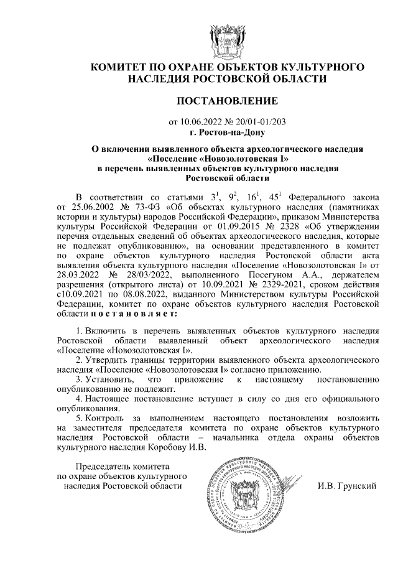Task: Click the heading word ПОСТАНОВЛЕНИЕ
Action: (226, 100)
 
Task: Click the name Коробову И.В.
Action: (177, 449)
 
